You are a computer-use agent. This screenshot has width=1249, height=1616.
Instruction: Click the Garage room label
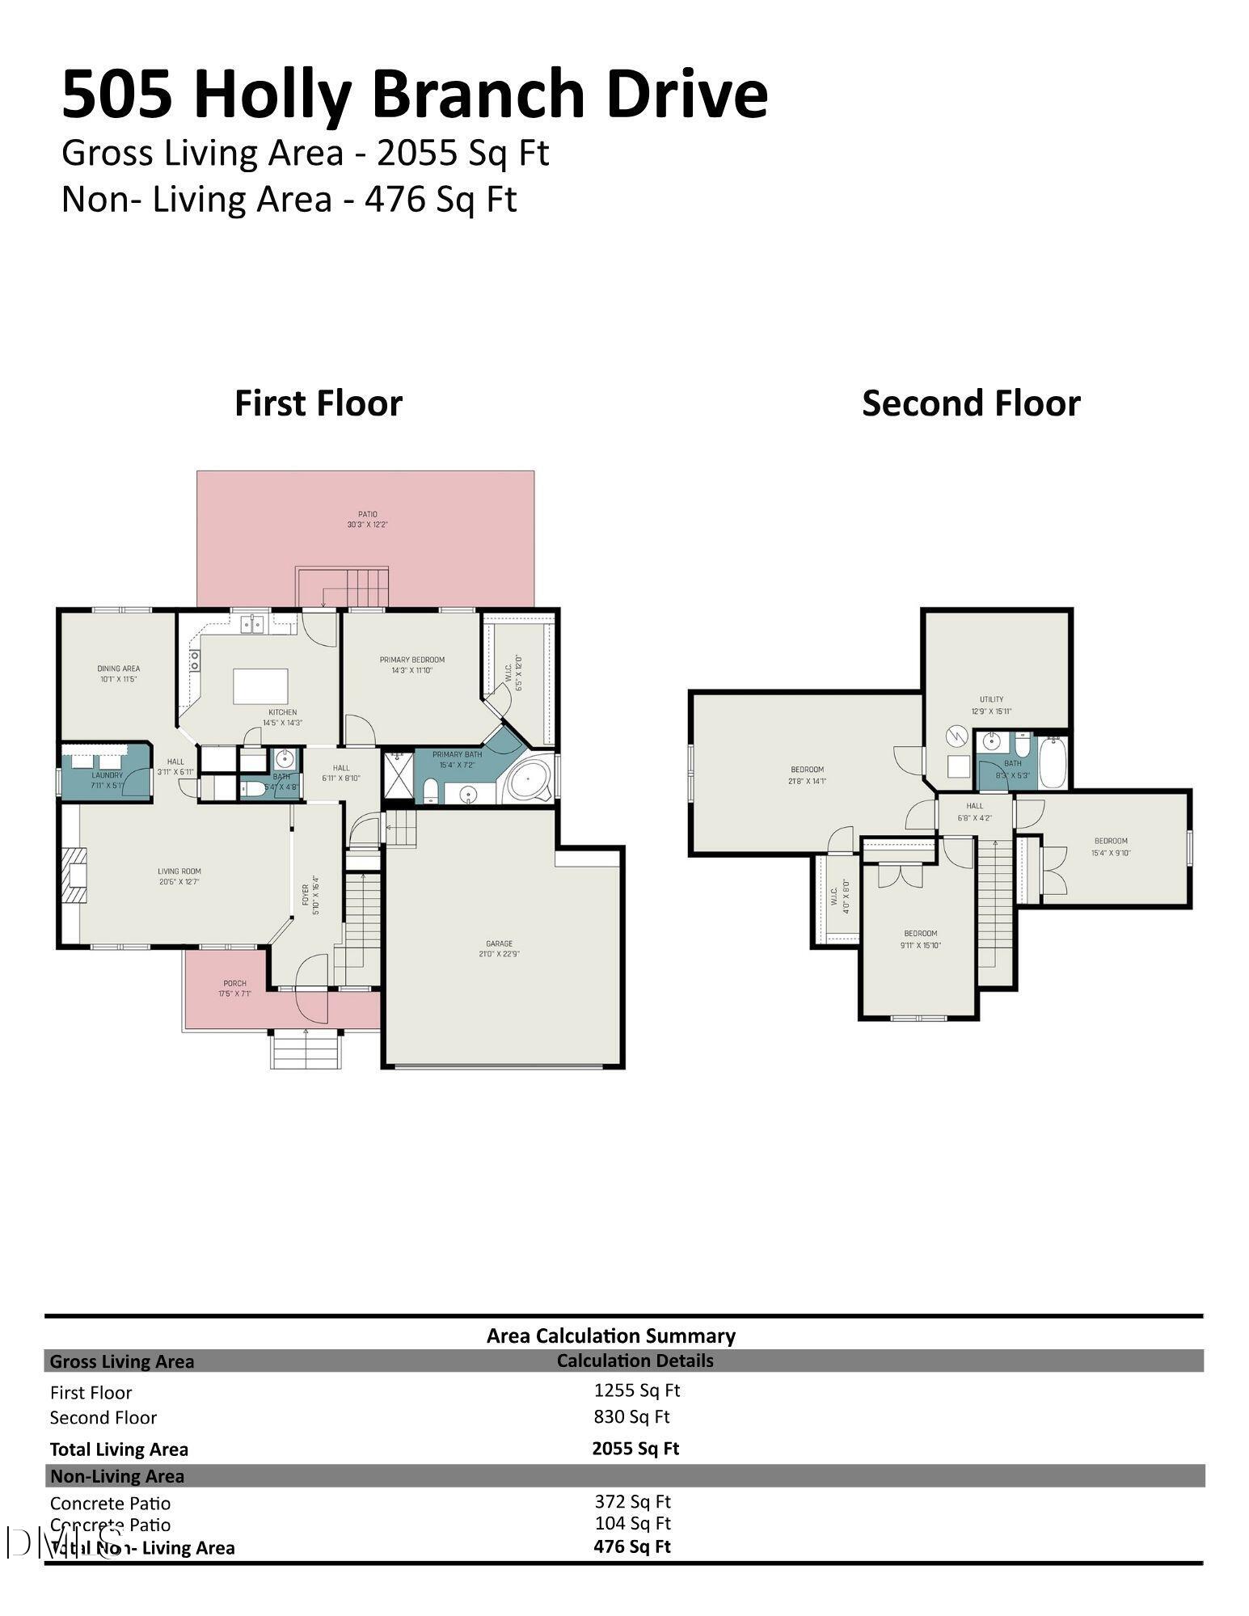(499, 948)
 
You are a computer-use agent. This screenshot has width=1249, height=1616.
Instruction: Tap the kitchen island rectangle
(261, 686)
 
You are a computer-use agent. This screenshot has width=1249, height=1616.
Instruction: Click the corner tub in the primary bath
(529, 780)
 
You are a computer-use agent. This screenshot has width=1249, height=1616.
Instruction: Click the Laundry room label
(107, 779)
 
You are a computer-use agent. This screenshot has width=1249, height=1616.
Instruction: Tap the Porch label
(234, 988)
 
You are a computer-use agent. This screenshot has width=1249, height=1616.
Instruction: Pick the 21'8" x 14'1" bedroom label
(807, 774)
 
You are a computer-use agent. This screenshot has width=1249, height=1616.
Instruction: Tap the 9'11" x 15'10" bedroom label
(920, 939)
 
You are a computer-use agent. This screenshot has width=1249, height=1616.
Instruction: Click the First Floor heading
(318, 403)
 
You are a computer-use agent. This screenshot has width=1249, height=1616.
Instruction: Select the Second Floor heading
(970, 403)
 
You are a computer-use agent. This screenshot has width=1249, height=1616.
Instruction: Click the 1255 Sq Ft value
(636, 1390)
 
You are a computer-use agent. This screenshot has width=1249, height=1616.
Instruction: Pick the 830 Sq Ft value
(631, 1416)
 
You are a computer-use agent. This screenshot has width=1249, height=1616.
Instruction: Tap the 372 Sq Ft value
(632, 1500)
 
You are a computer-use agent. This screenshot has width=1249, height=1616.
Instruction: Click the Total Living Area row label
(119, 1449)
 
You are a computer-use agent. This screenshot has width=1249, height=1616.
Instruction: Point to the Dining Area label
(119, 673)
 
